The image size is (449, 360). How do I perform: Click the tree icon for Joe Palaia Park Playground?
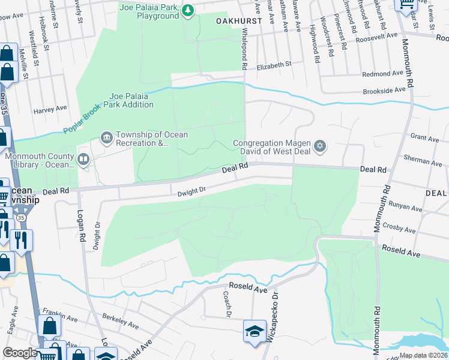pyautogui.click(x=188, y=10)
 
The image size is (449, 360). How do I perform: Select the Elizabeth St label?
pyautogui.click(x=273, y=64)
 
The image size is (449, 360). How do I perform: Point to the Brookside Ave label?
pyautogui.click(x=384, y=90)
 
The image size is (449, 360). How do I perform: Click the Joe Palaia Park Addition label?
pyautogui.click(x=131, y=100)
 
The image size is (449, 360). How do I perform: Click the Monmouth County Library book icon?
pyautogui.click(x=83, y=160)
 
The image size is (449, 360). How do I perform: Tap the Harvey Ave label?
pyautogui.click(x=50, y=110)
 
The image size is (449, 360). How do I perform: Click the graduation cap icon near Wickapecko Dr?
pyautogui.click(x=254, y=330)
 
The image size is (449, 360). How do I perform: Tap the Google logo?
pyautogui.click(x=19, y=353)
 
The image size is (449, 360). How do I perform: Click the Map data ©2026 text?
pyautogui.click(x=423, y=355)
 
